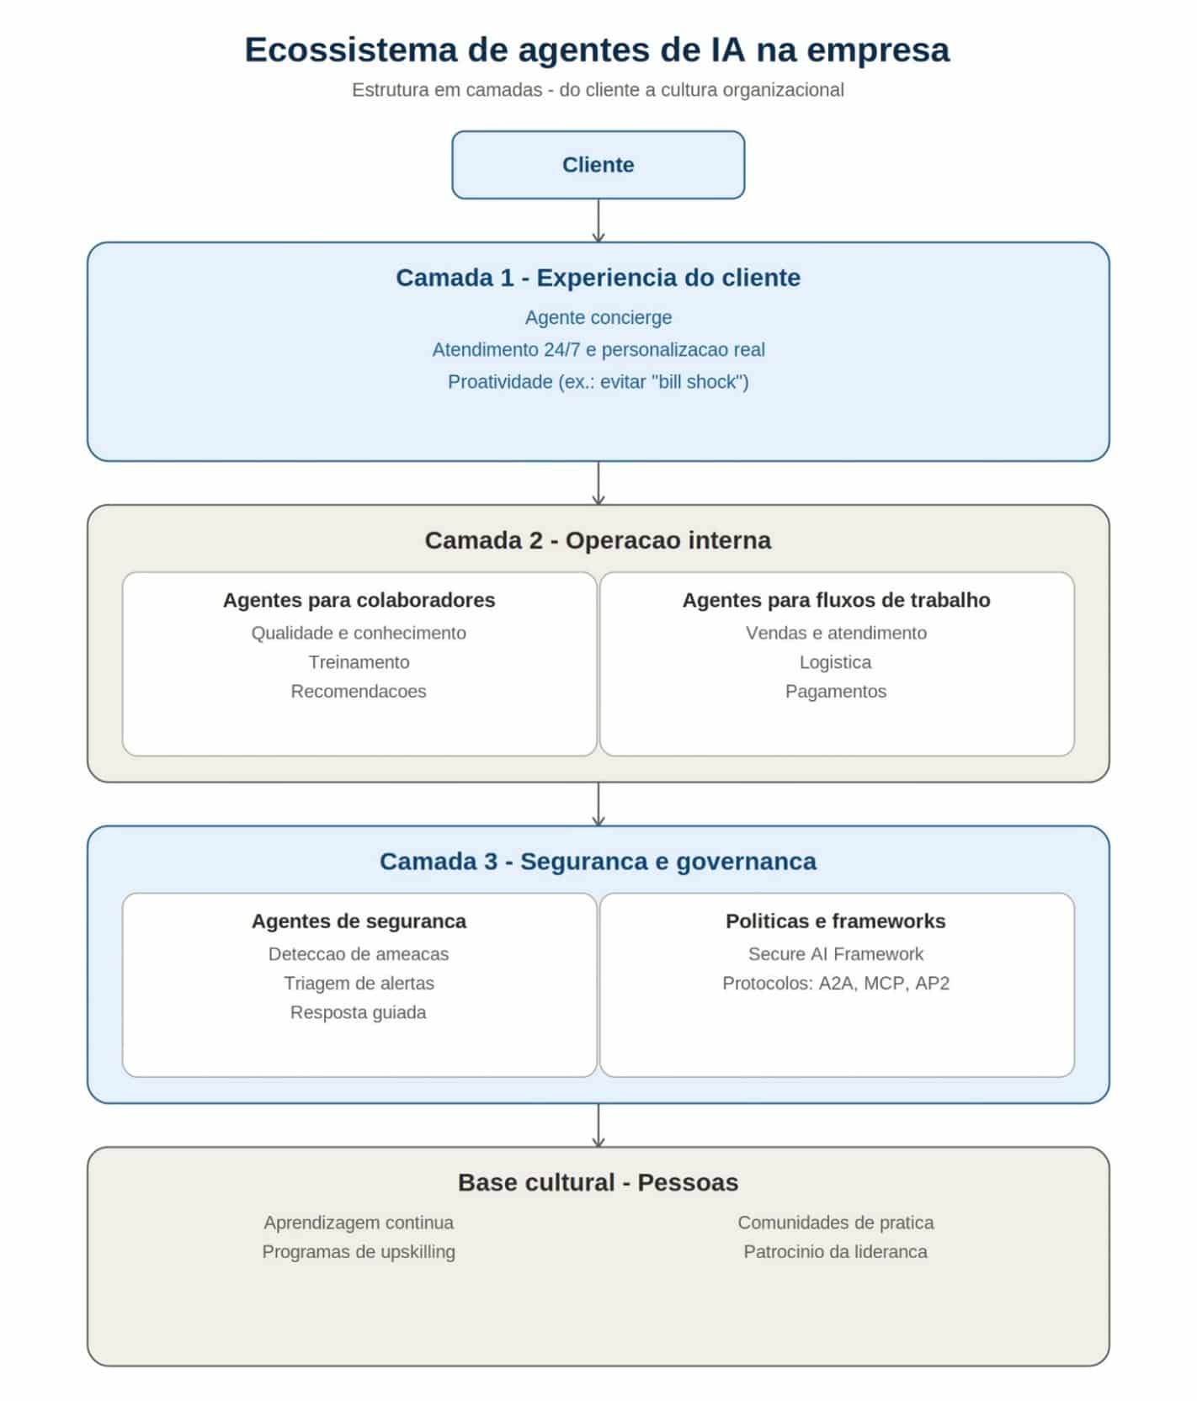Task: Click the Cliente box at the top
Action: (x=598, y=165)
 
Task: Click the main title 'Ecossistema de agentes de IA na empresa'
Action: (x=598, y=50)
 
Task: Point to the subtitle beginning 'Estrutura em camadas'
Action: (x=598, y=90)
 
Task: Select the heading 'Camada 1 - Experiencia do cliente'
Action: (x=598, y=278)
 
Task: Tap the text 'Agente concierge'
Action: (x=598, y=318)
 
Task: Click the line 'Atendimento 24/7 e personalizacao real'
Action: (x=598, y=350)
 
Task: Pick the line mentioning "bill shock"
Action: (x=598, y=382)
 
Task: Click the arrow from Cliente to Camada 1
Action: (x=598, y=220)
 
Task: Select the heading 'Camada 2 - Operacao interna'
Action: (x=598, y=540)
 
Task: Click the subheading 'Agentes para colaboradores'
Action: (x=359, y=600)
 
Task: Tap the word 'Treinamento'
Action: (x=359, y=662)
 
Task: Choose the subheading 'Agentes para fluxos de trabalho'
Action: (x=836, y=600)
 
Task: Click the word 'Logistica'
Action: (x=836, y=662)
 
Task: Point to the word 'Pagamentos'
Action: (x=836, y=692)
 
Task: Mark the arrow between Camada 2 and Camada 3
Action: (x=598, y=804)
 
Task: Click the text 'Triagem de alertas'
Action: (x=359, y=984)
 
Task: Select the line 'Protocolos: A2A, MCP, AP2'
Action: (x=836, y=984)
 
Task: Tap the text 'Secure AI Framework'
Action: (x=836, y=954)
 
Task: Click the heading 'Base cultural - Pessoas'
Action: (x=598, y=1182)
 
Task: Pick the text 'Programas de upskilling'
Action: (x=359, y=1252)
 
